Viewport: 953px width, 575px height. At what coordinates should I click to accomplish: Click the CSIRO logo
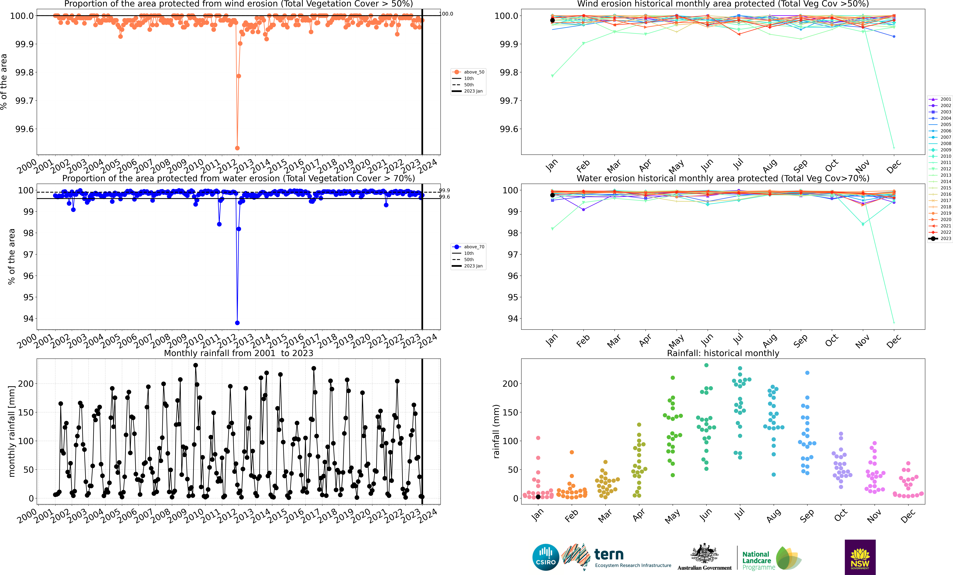pyautogui.click(x=545, y=557)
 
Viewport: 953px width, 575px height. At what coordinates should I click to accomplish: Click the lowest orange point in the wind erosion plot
pyautogui.click(x=238, y=148)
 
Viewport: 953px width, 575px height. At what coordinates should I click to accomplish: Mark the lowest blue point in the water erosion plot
pyautogui.click(x=238, y=323)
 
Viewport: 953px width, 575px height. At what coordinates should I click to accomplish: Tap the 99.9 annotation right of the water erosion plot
pyautogui.click(x=444, y=190)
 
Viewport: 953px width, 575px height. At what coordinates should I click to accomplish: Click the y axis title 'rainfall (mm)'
pyautogui.click(x=496, y=432)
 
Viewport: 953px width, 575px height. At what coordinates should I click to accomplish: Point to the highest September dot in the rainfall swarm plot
pyautogui.click(x=807, y=373)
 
